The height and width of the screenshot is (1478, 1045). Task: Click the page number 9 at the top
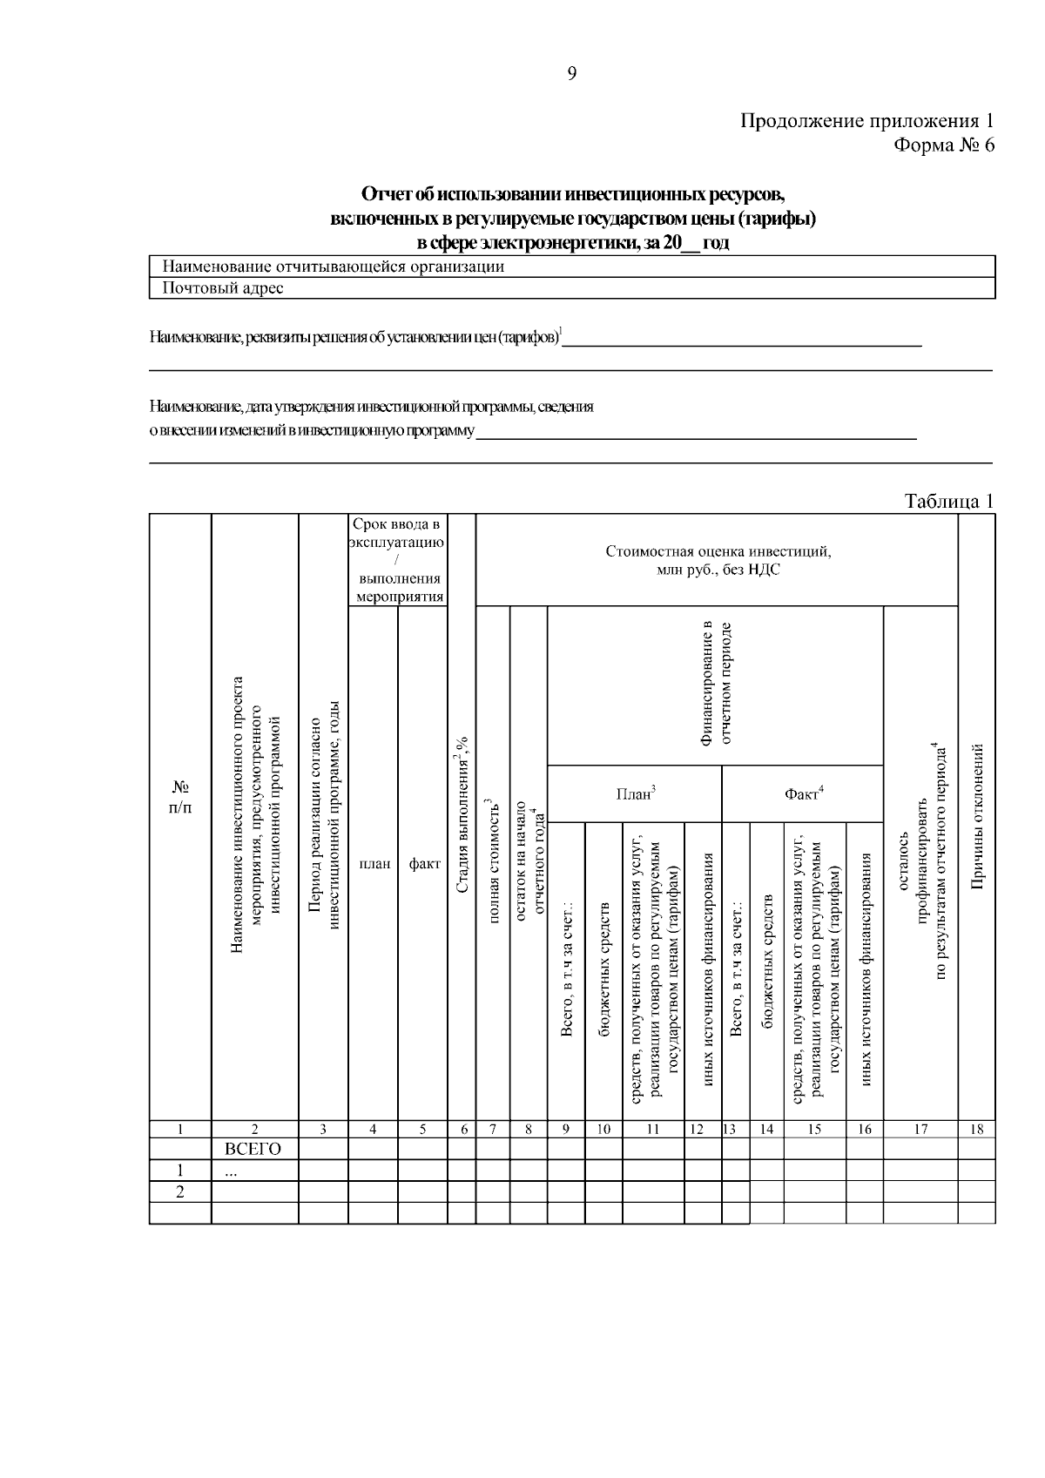point(571,74)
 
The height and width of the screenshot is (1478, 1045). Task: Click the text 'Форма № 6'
point(944,145)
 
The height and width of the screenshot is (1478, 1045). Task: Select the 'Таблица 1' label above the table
point(948,501)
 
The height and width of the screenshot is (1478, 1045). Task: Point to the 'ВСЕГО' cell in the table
point(253,1149)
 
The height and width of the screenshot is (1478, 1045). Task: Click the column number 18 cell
point(976,1129)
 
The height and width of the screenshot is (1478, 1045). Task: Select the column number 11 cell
point(652,1129)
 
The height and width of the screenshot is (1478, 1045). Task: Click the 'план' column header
point(374,864)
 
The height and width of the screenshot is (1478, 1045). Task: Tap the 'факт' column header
point(423,864)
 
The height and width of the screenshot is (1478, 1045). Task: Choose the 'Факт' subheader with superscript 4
point(803,793)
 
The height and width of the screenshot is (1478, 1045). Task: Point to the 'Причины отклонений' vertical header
point(977,817)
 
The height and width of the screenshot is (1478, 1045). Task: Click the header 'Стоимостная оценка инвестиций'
point(718,560)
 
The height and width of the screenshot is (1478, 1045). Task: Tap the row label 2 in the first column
point(179,1191)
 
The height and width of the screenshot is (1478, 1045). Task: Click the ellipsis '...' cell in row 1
point(231,1171)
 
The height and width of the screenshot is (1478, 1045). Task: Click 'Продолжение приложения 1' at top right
point(866,120)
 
